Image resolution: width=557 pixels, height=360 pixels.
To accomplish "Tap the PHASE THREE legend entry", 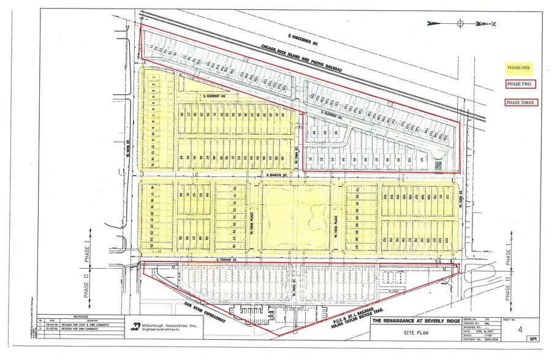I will [520, 102].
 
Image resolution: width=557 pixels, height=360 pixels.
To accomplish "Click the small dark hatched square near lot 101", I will [438, 164].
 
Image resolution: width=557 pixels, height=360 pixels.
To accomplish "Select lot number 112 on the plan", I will [448, 197].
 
